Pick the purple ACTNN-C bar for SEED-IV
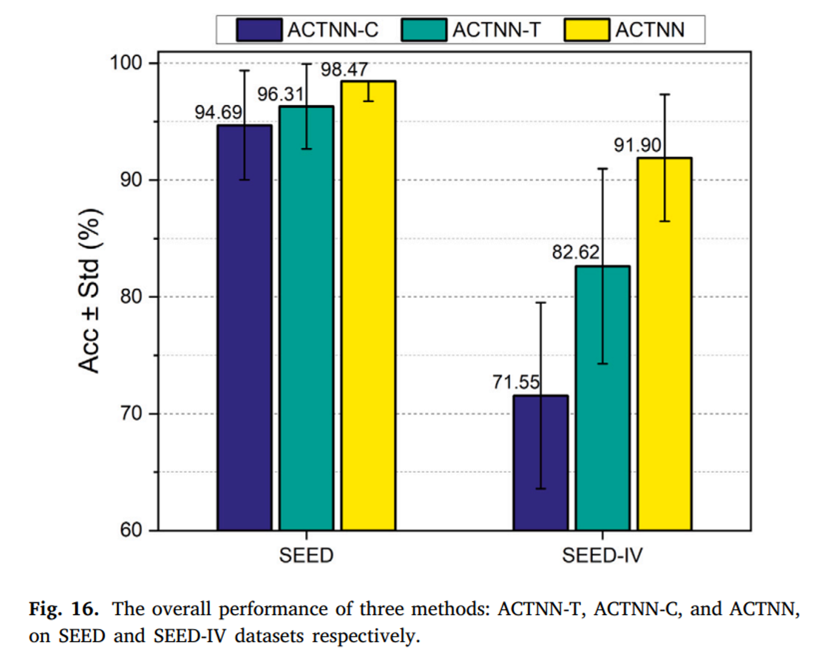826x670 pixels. pos(541,463)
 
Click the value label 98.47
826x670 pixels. pos(344,69)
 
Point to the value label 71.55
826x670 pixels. pos(516,382)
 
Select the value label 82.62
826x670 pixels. pos(576,252)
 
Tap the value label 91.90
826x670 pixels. pos(637,145)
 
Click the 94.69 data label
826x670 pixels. pos(218,112)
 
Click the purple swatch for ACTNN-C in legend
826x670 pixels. pos(259,30)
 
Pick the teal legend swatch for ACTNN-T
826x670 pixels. pos(424,30)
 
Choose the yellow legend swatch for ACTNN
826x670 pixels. pos(587,30)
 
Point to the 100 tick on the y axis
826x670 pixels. pos(126,63)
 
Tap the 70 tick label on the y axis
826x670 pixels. pos(131,413)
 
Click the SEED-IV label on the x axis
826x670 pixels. pos(602,555)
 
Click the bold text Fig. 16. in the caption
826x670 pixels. pos(64,609)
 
